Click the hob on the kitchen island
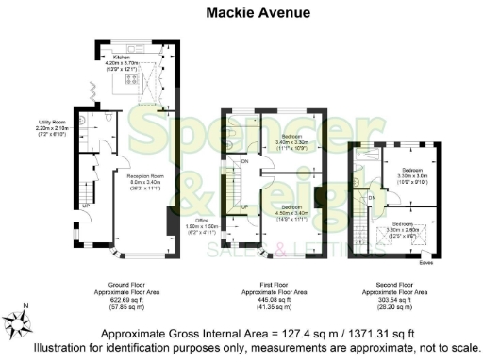(123, 86)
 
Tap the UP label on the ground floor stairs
(86, 206)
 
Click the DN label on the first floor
(244, 162)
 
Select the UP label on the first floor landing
(244, 206)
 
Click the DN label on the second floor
(372, 197)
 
